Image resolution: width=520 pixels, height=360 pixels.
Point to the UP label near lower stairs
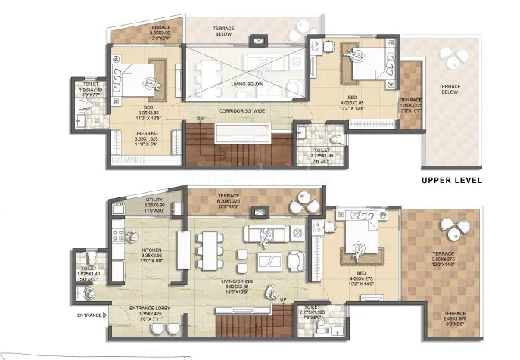[x=282, y=301]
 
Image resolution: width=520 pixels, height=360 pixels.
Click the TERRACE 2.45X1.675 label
[x=456, y=316]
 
